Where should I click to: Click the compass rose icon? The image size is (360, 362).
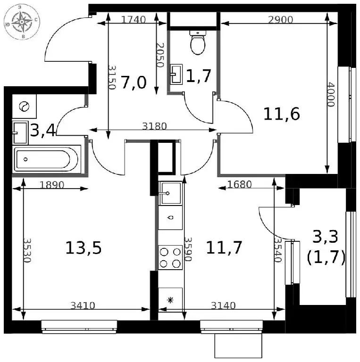pos(22,22)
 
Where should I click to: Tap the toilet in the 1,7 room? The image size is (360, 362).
pos(198,42)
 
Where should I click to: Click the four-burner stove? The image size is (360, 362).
pos(170,257)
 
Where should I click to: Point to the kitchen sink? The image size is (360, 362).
pos(170,193)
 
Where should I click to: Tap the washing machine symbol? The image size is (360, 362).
pos(24,107)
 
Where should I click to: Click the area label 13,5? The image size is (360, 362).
pos(84,248)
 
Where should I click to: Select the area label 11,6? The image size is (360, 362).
pos(281,114)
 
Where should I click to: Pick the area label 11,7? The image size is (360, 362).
pos(224,247)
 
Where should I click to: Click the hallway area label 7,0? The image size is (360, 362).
pos(134,82)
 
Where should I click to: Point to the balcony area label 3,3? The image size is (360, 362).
pos(325,237)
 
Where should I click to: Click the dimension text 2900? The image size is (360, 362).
pos(281,20)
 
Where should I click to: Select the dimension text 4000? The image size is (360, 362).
pos(331,94)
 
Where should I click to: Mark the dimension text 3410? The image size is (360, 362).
pos(83,305)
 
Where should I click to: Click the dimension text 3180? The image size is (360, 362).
pos(154,126)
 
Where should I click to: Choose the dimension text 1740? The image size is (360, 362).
pos(134,20)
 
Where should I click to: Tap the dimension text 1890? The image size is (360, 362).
pos(52,185)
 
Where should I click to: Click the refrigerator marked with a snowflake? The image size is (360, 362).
pos(170,300)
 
